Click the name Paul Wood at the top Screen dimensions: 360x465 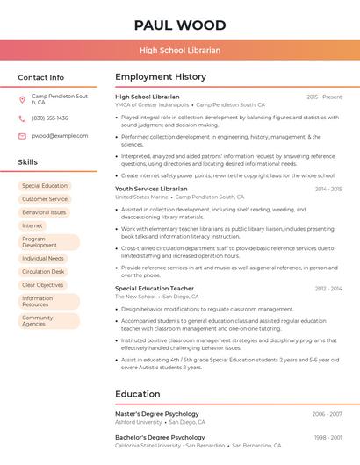click(x=179, y=25)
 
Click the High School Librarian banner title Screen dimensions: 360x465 click(x=179, y=50)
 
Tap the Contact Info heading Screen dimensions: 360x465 click(x=40, y=77)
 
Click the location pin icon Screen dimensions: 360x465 click(x=22, y=99)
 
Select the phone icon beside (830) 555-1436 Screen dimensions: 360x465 click(x=22, y=118)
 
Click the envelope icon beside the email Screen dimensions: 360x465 click(x=22, y=136)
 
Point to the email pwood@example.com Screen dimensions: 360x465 click(x=60, y=136)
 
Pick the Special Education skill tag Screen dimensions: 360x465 click(x=44, y=186)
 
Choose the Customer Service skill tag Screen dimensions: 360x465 click(x=44, y=199)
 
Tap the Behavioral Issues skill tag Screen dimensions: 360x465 click(x=44, y=212)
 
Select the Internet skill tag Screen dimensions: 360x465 click(x=32, y=225)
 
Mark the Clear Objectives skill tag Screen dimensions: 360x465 click(x=43, y=285)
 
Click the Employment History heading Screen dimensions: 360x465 click(x=161, y=77)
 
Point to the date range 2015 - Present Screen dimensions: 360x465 click(x=324, y=97)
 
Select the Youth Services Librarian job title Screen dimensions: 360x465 click(x=151, y=189)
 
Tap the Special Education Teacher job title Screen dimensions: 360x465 click(x=155, y=288)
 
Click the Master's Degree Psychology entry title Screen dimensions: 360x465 click(x=157, y=413)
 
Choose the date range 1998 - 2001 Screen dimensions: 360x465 click(x=328, y=437)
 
